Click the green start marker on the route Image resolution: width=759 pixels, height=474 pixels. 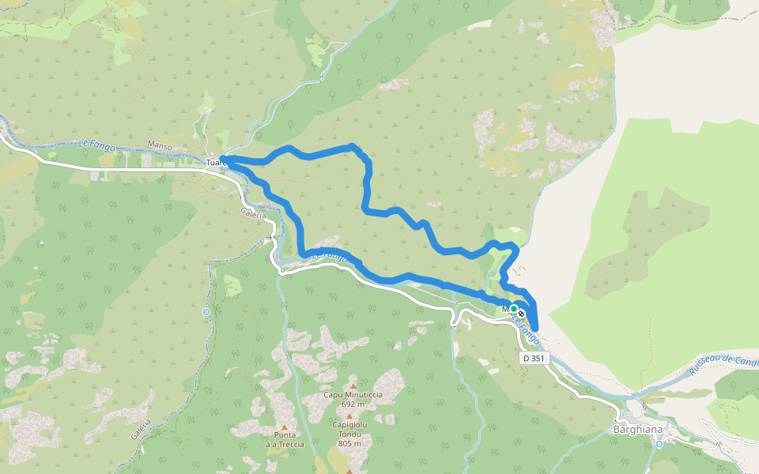coord(513,309)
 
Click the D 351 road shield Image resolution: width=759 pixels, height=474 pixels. coord(534,359)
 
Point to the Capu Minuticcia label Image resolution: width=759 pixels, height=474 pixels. coord(353,394)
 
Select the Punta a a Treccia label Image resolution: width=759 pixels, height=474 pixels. coord(284,439)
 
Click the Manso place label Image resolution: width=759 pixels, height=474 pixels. coord(159,145)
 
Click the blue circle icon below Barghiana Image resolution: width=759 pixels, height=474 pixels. coord(659,444)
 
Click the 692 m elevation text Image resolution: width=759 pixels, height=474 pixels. coord(353,404)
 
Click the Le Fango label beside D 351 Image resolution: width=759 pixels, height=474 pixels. coord(527,327)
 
